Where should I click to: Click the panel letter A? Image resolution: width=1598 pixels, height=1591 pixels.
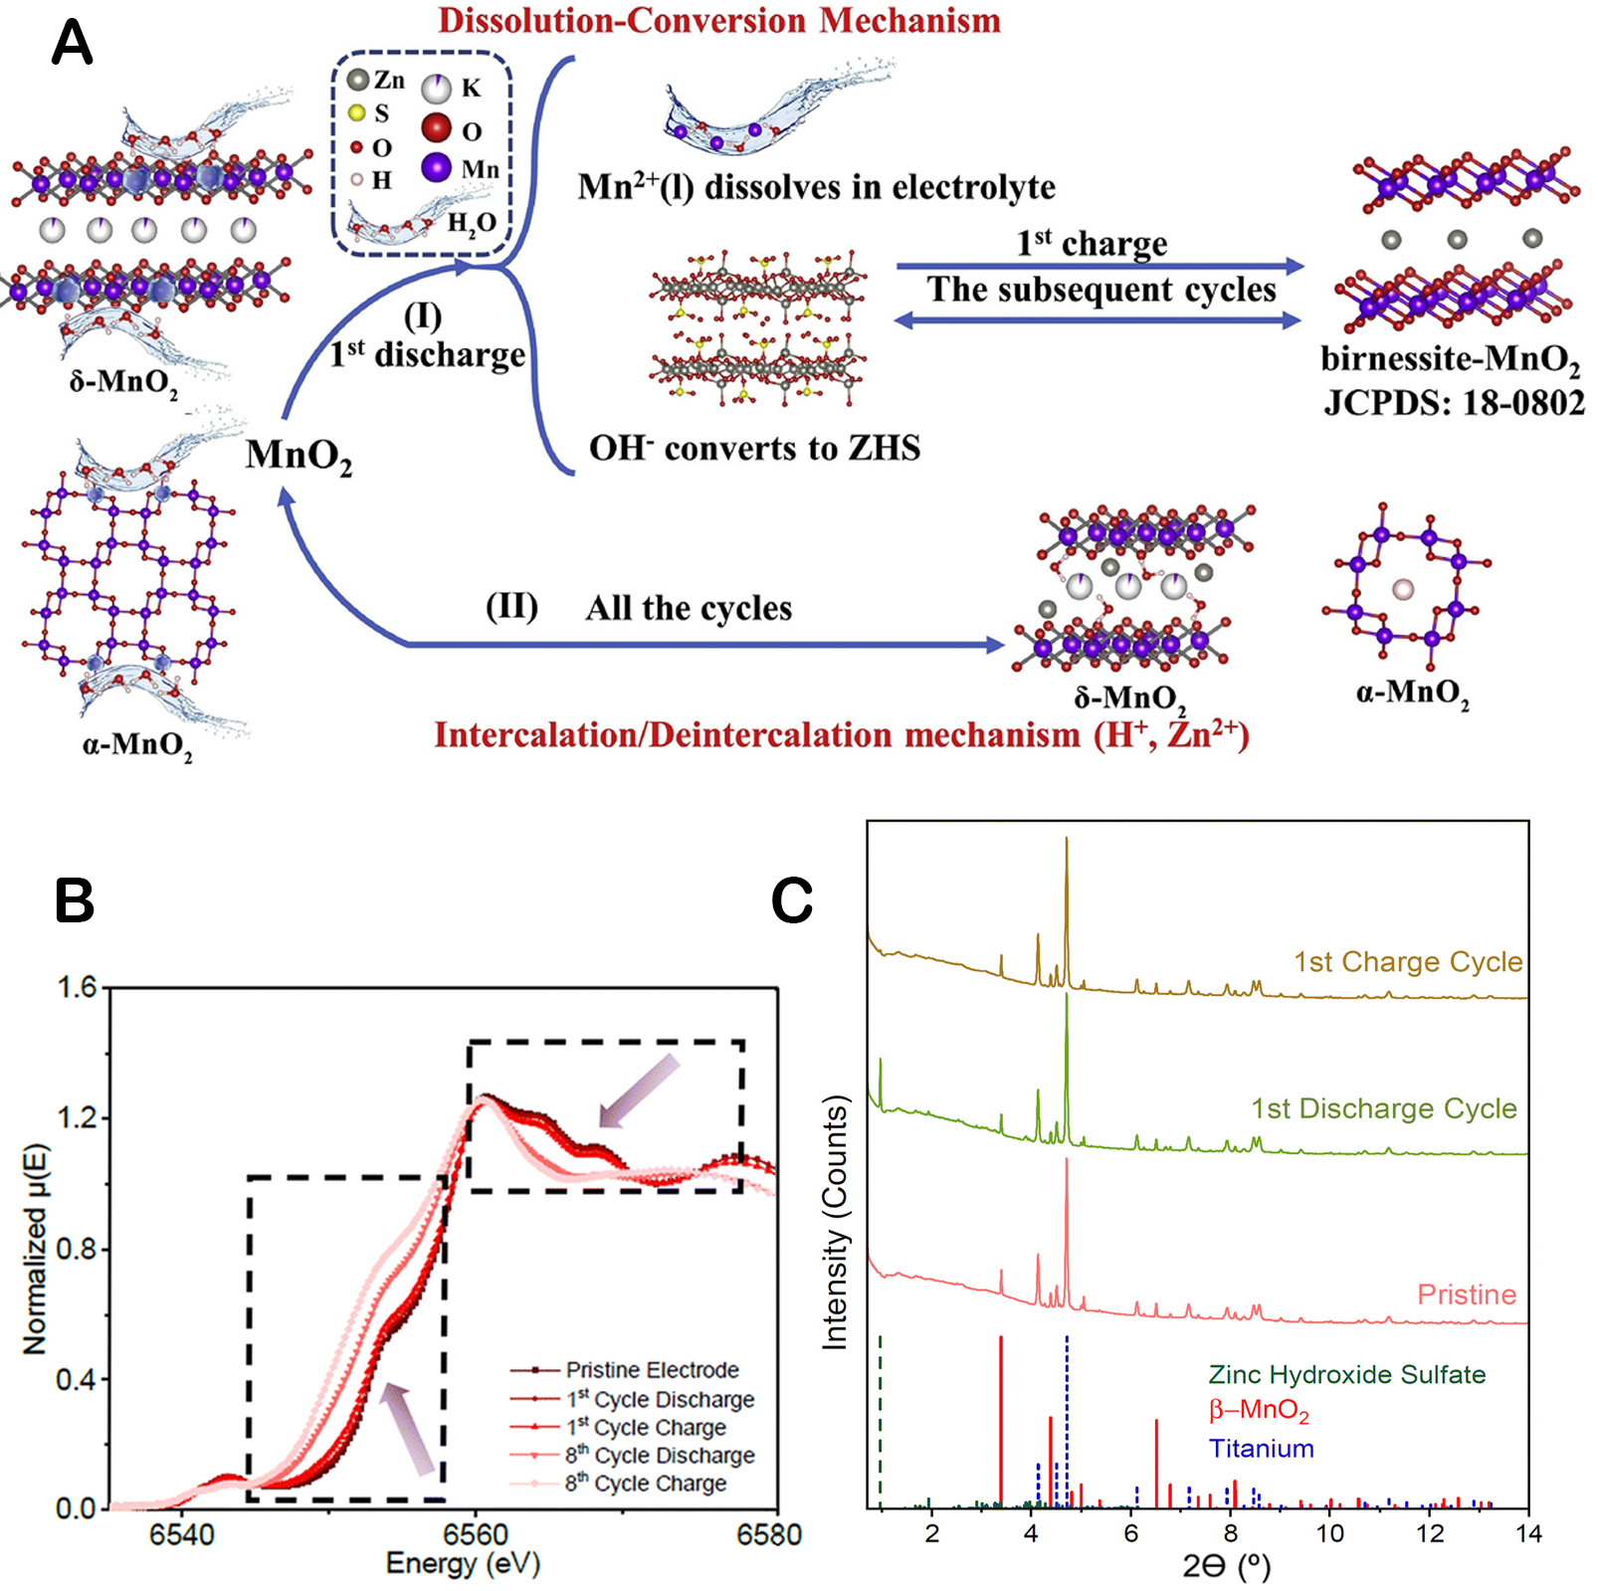[x=72, y=44]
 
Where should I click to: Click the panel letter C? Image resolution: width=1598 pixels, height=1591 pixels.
[x=792, y=901]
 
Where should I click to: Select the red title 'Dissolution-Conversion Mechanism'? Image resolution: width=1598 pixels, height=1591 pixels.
[x=718, y=21]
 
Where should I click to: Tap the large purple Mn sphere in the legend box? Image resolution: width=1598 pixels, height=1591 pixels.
[x=437, y=167]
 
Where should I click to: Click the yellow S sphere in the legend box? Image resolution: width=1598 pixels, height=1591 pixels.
[x=356, y=113]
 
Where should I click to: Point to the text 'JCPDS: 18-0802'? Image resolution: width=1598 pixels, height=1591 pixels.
[x=1454, y=403]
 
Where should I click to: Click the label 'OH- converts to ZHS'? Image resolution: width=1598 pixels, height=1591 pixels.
[x=754, y=448]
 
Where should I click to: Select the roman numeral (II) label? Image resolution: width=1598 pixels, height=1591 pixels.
[x=511, y=606]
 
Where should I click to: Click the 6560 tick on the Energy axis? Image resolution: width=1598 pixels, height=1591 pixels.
[x=476, y=1534]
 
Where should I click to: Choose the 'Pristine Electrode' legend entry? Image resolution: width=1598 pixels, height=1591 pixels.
[x=652, y=1370]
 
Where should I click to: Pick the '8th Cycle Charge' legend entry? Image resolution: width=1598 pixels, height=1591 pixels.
[x=660, y=1484]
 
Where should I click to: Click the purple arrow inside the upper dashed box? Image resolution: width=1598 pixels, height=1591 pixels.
[x=638, y=1093]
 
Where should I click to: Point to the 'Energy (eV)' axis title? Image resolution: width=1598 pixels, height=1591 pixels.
[x=463, y=1563]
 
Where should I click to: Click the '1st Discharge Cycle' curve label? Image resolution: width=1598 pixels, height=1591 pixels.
[x=1383, y=1108]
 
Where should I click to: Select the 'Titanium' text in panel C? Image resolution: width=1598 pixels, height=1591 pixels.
[x=1261, y=1449]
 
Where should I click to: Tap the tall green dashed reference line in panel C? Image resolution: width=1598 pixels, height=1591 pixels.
[x=881, y=1423]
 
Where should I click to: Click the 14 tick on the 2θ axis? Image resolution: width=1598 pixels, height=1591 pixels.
[x=1528, y=1533]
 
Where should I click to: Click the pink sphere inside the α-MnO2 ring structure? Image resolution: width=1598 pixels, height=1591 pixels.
[x=1402, y=590]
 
